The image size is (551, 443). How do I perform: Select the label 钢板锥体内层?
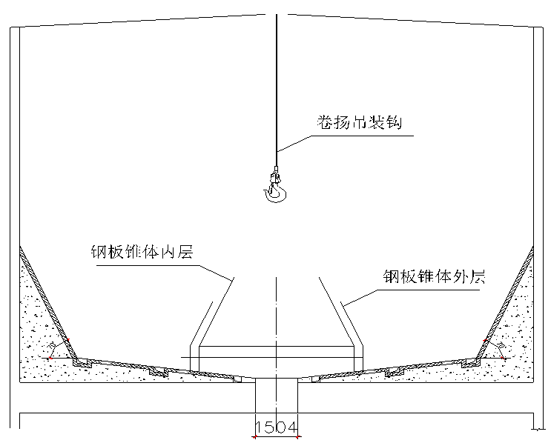141,253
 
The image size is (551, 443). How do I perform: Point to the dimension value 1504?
276,427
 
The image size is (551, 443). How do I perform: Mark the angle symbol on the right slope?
498,346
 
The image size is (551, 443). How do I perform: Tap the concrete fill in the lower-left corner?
37,367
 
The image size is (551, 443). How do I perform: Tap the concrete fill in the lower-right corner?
515,367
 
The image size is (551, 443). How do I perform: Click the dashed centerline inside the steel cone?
276,319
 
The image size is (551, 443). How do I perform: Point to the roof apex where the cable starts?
276,14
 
